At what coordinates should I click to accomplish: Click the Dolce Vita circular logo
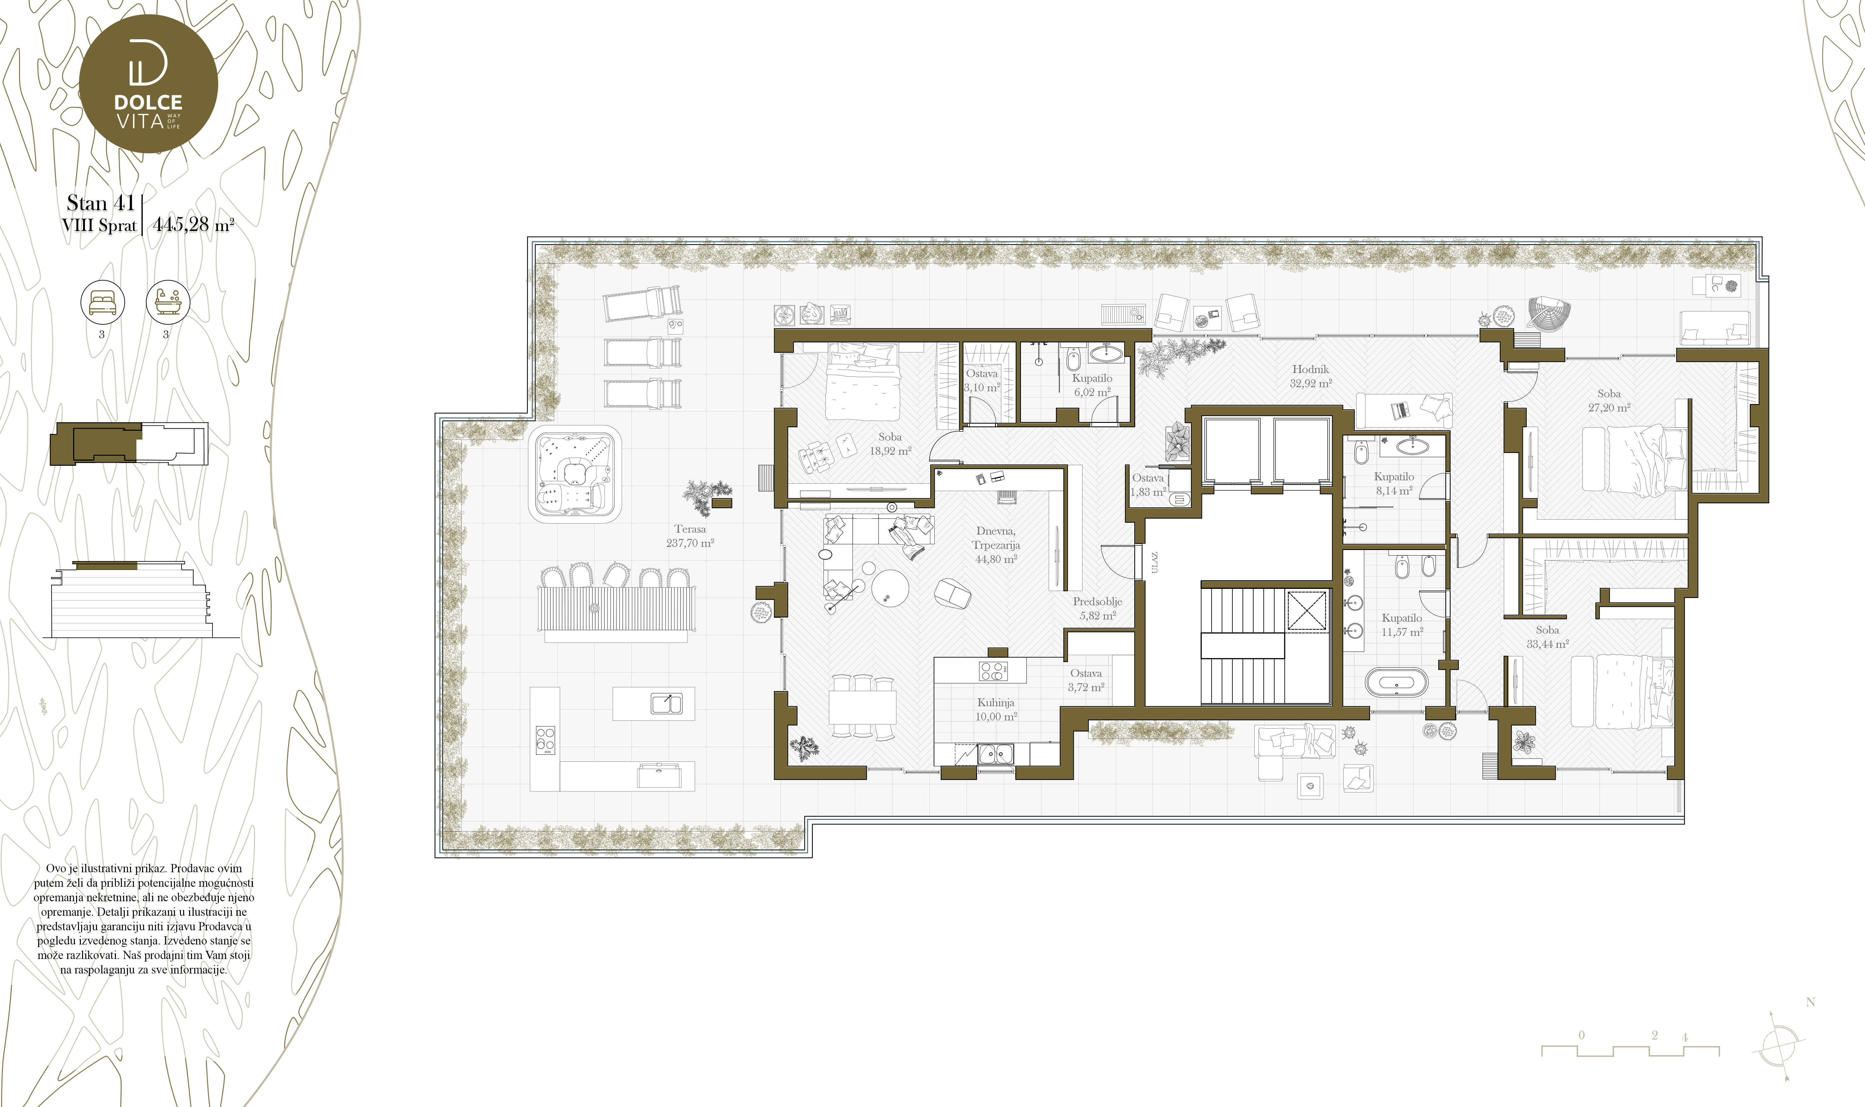(x=148, y=84)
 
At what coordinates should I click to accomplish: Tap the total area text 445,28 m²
(x=193, y=224)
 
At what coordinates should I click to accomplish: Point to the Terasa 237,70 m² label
(x=690, y=536)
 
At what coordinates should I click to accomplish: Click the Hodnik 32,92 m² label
(x=1310, y=376)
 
